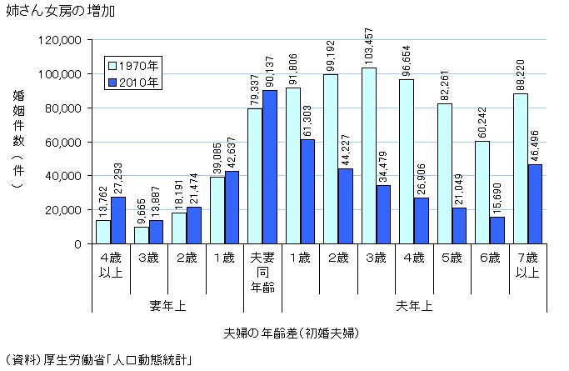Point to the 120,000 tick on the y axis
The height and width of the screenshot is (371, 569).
click(61, 40)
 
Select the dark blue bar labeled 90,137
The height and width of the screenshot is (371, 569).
click(269, 167)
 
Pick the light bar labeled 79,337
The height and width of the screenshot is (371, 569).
click(254, 176)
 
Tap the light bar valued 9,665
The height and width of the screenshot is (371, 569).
click(141, 235)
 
